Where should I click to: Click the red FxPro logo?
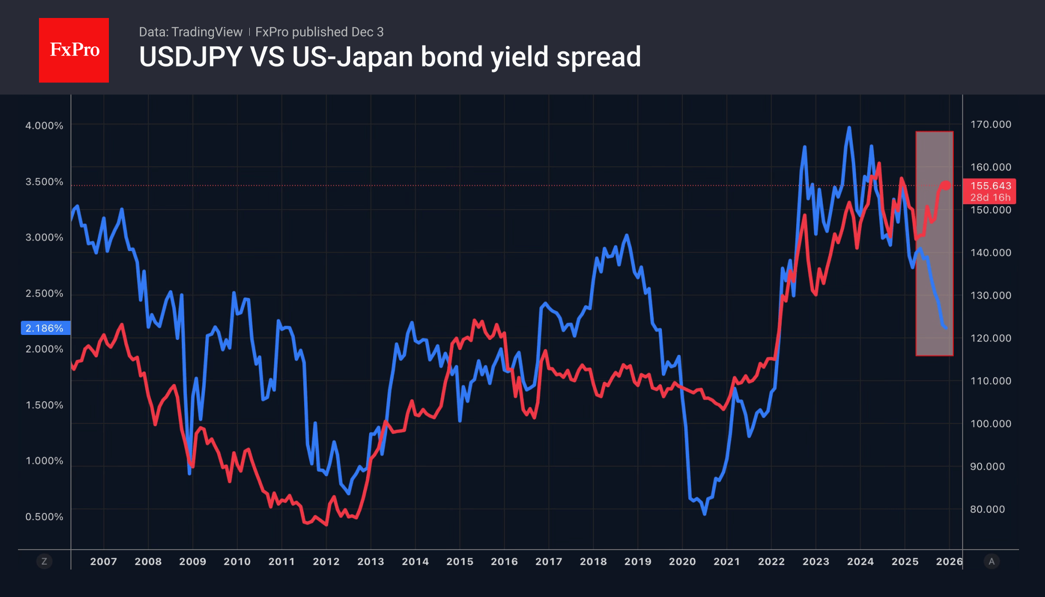click(74, 50)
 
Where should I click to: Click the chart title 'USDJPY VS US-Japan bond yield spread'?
click(390, 57)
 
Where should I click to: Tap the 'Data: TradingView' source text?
click(190, 32)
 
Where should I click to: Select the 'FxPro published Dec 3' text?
click(319, 32)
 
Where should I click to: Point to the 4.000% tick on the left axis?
click(44, 126)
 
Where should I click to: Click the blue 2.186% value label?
click(45, 328)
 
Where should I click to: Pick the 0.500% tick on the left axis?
click(44, 517)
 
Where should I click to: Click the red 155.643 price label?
click(990, 186)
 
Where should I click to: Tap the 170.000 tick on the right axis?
click(991, 124)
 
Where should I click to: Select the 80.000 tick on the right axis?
click(987, 509)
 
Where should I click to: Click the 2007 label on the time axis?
click(103, 562)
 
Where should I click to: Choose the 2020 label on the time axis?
click(682, 562)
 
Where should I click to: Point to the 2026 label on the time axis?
click(949, 562)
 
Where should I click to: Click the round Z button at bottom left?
click(44, 562)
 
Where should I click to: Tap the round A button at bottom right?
click(992, 562)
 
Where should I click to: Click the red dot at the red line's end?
click(946, 186)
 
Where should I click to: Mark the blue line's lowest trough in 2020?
click(704, 514)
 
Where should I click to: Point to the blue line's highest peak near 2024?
click(849, 128)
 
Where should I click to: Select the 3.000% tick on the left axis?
click(44, 238)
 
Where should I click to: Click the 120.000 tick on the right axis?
click(991, 338)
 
